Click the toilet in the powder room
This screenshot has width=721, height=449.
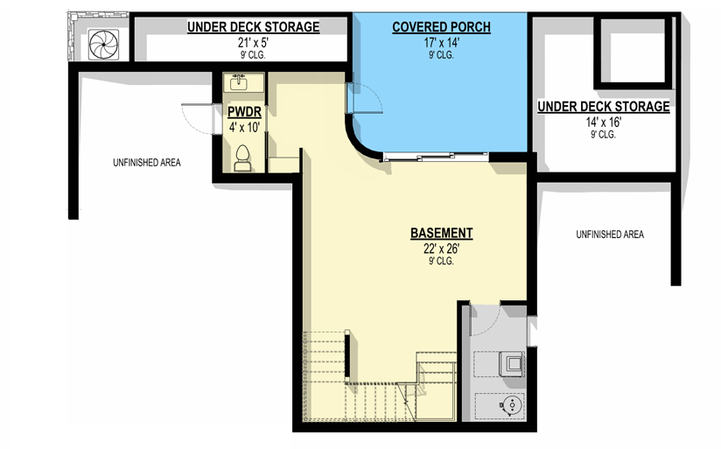pos(242,158)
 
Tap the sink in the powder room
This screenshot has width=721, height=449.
pos(239,82)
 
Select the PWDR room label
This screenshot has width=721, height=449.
pos(244,112)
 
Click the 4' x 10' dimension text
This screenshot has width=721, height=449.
pos(244,128)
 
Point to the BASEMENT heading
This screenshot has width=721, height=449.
pos(441,233)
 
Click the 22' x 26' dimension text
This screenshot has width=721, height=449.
pos(441,249)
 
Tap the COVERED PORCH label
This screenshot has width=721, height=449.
pos(441,27)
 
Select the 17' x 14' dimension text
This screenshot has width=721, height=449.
pos(441,43)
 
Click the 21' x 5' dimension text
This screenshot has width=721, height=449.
pos(253,43)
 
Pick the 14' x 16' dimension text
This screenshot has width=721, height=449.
pos(603,123)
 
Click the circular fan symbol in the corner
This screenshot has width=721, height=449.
pos(103,45)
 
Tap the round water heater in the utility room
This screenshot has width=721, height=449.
pos(511,405)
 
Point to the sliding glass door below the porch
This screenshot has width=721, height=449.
pos(436,157)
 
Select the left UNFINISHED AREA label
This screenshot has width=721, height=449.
pos(147,163)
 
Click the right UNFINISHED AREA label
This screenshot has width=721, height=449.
pos(610,235)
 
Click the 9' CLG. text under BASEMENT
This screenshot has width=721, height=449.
pos(441,262)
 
